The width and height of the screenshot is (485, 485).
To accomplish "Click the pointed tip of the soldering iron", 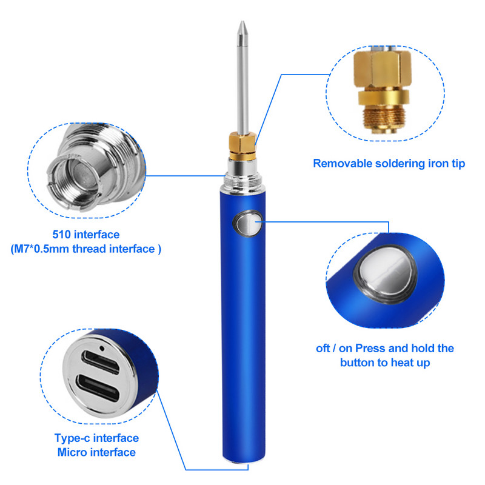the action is [242, 22].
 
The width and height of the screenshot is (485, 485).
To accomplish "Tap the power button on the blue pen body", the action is [248, 223].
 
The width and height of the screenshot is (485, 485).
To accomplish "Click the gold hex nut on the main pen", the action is [243, 142].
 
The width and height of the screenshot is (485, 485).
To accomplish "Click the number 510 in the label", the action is [62, 235].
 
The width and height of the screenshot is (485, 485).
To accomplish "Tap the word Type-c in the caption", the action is [72, 438].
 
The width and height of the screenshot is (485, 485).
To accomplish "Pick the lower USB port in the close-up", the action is [98, 389].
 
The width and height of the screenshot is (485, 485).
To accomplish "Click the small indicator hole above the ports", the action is [102, 349].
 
